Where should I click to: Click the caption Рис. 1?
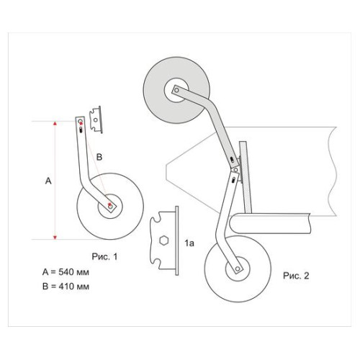point(104,256)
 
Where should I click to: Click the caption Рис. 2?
point(296,276)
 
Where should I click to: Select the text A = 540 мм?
point(66,272)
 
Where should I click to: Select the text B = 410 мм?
point(66,287)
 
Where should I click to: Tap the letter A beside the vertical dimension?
point(48,181)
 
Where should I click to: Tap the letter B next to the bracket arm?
point(99,157)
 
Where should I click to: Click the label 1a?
point(189,243)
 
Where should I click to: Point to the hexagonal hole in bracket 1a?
point(164,240)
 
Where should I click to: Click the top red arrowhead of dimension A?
point(55,124)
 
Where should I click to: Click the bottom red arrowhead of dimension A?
point(55,238)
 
